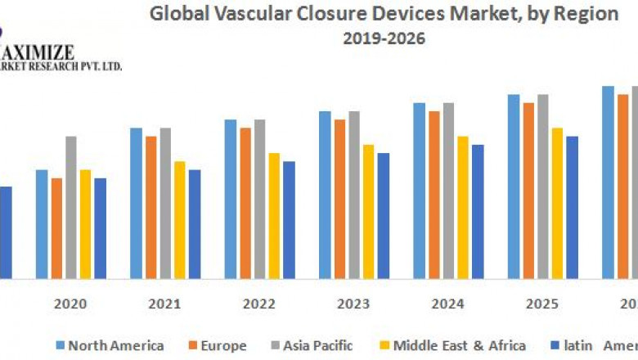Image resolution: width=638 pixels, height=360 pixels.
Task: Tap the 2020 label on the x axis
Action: (71, 304)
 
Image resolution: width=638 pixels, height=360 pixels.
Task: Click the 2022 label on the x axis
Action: (259, 304)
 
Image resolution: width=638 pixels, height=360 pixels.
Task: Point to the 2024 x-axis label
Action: (448, 304)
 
